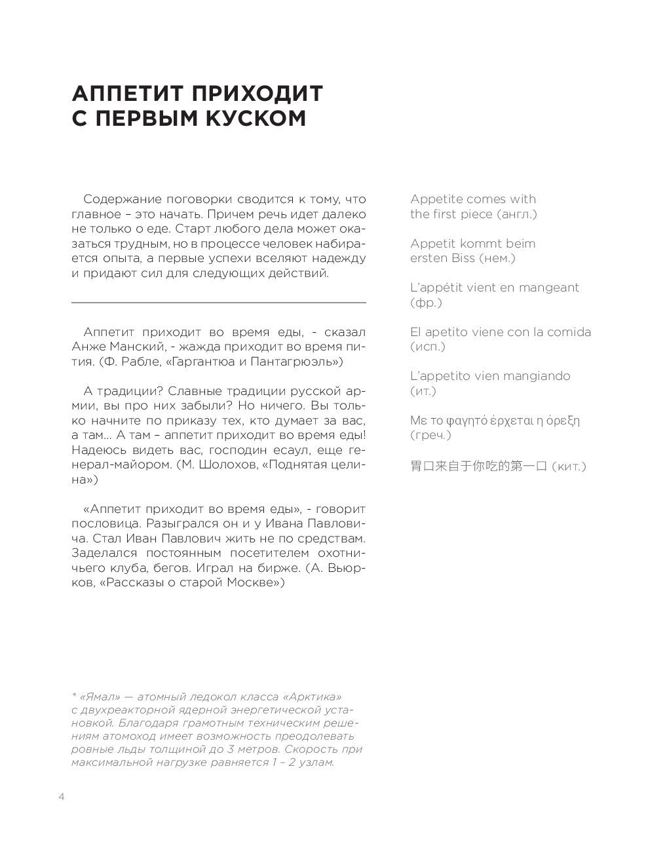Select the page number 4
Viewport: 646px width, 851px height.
pos(62,797)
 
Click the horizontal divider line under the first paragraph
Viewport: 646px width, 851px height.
pos(218,303)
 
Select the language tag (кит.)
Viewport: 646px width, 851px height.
pos(568,466)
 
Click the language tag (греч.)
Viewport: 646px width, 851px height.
pos(431,435)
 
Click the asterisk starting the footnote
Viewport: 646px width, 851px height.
pos(73,695)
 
